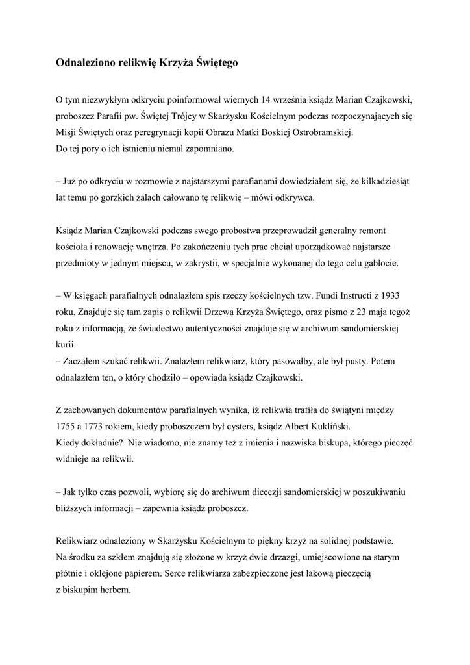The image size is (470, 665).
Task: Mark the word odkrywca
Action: (294, 198)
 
